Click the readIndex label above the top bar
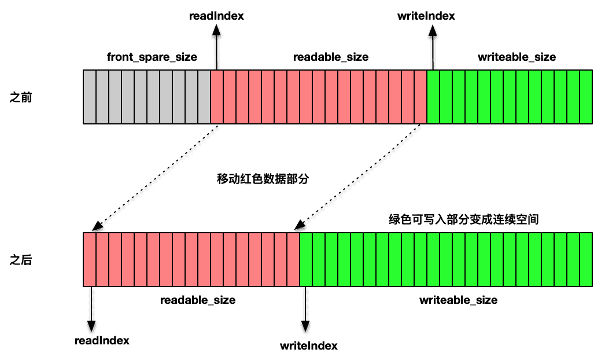coord(216,16)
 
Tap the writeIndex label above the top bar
coord(426,16)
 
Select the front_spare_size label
coord(152,57)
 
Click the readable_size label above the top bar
coord(331,57)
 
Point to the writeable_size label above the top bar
coord(517,57)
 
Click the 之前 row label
coord(21,97)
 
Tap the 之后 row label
coord(21,260)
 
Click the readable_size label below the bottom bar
coord(198,300)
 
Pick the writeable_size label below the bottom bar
coord(458,300)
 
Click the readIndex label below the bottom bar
coord(102,340)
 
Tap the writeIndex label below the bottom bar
coord(308,346)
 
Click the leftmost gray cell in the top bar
coord(90,97)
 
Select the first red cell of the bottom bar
coord(90,259)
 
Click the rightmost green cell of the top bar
coord(586,97)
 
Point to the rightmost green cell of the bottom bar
coord(586,259)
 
